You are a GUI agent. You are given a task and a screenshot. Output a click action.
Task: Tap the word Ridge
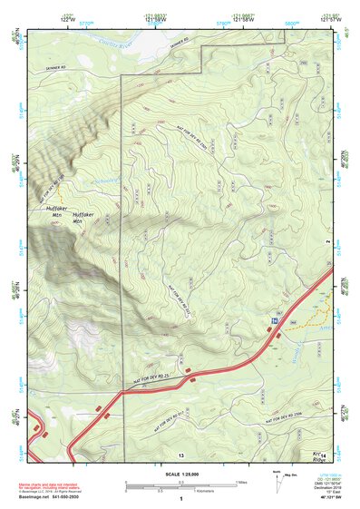(x=318, y=460)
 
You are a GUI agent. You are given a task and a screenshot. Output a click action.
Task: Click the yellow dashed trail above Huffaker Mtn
(x=60, y=194)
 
